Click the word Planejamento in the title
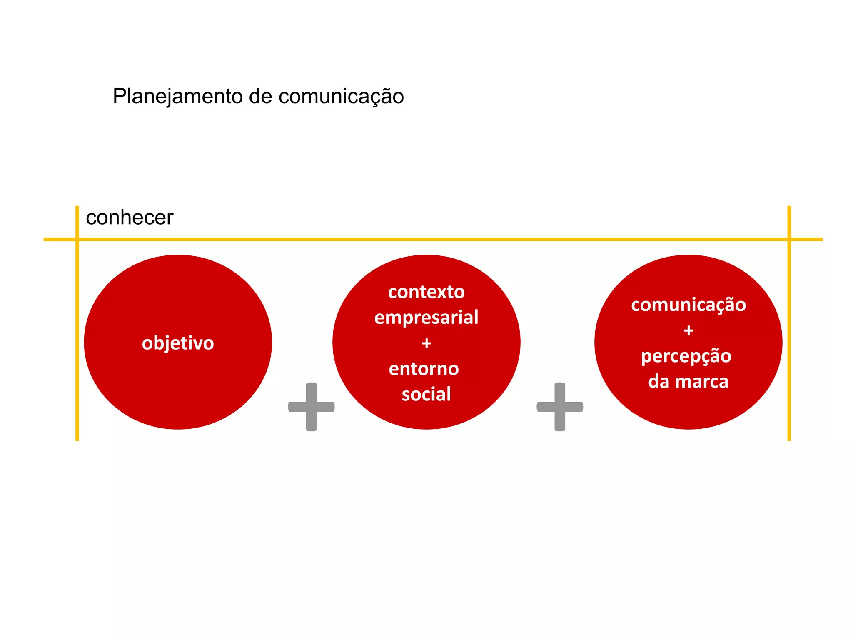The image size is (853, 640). click(x=178, y=97)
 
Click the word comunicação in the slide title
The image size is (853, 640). click(x=341, y=97)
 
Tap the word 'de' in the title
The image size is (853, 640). click(x=261, y=97)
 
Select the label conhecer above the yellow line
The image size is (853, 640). click(x=130, y=217)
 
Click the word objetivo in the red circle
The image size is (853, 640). click(x=178, y=343)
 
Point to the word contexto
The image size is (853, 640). click(x=426, y=292)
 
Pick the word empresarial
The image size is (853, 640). click(x=426, y=317)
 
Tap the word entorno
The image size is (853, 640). click(x=424, y=369)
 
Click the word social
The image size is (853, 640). click(x=426, y=394)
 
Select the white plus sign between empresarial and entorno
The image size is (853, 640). click(x=426, y=343)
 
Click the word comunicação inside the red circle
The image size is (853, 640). click(x=688, y=305)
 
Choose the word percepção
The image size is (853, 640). click(x=686, y=356)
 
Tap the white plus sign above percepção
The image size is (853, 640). click(x=688, y=331)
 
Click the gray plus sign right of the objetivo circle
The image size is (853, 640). click(x=311, y=407)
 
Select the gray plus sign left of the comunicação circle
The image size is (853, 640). click(x=560, y=407)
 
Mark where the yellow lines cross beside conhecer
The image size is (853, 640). click(x=77, y=239)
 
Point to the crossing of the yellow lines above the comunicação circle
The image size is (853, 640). click(x=789, y=239)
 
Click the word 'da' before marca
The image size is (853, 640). click(x=658, y=382)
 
